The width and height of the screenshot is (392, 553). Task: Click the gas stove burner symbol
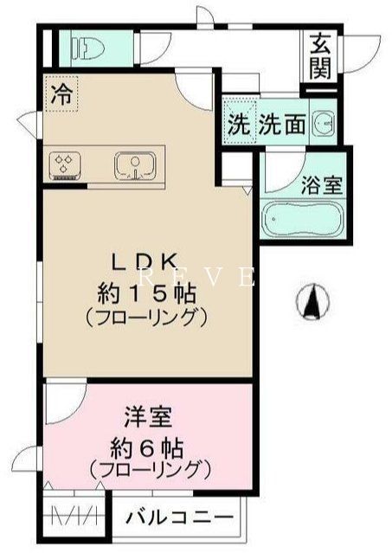(64, 164)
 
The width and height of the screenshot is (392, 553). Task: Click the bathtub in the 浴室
(303, 220)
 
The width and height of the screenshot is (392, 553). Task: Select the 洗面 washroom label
(282, 124)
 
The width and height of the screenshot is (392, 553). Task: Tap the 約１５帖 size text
(146, 291)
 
